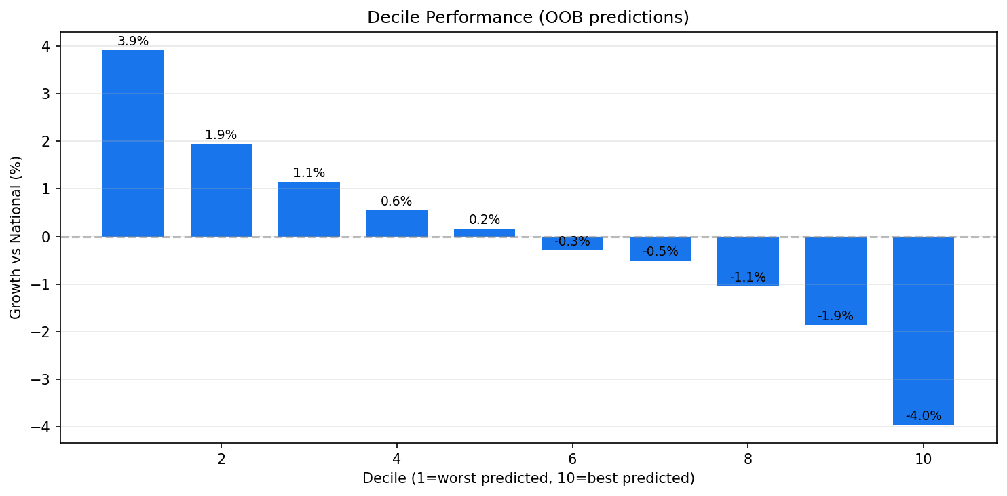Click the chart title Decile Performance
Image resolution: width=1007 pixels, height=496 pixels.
pos(528,18)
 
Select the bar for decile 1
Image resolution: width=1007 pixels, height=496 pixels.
pos(133,143)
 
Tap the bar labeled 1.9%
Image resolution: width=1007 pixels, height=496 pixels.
pos(221,190)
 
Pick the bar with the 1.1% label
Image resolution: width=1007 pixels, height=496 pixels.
pos(309,209)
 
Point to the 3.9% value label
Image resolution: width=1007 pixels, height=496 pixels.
pos(133,41)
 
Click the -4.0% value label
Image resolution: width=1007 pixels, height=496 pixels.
pos(924,416)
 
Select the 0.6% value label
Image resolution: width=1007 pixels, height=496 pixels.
pos(396,202)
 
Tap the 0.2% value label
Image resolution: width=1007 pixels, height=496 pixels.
pos(484,220)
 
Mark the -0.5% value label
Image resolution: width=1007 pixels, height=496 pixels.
pos(660,252)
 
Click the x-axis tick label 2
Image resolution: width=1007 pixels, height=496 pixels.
pos(221,459)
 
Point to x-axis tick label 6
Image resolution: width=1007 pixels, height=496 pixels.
pos(572,459)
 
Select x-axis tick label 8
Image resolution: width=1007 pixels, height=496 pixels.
pos(748,459)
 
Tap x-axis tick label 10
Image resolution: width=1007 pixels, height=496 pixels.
pos(924,459)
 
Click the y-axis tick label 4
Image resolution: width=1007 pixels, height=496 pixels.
pos(46,46)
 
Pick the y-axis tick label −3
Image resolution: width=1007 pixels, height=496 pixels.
pos(42,379)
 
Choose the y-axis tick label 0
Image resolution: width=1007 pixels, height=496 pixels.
pos(46,237)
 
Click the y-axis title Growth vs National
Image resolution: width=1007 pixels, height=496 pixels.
pos(16,237)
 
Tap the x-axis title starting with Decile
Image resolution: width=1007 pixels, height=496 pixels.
pos(528,478)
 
